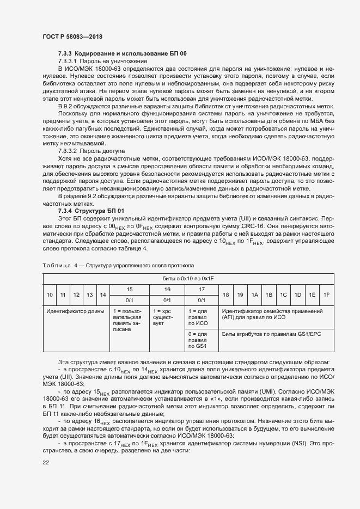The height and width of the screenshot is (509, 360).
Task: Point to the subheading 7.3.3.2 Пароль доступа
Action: click(91, 150)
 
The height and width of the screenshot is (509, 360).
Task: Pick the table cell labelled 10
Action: click(50, 295)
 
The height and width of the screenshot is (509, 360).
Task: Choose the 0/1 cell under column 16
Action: click(167, 300)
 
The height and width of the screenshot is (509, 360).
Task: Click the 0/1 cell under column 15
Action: click(130, 300)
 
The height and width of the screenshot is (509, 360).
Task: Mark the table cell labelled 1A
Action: click(254, 295)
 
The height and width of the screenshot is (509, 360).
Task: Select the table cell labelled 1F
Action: click(326, 295)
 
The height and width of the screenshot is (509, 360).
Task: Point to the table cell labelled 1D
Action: click(298, 295)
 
